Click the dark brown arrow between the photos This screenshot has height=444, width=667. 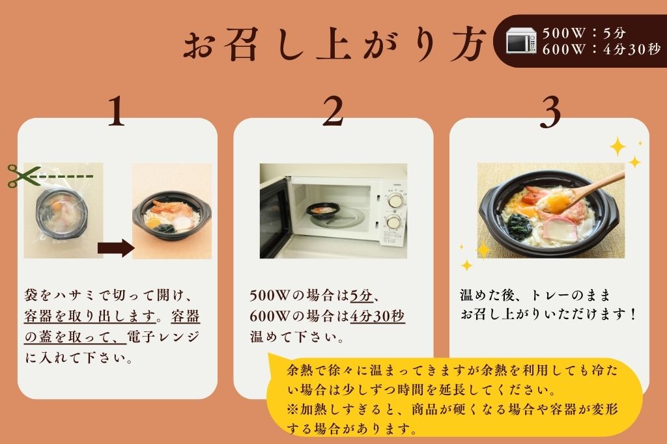pyautogui.click(x=115, y=248)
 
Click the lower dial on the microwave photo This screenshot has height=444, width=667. pyautogui.click(x=393, y=223)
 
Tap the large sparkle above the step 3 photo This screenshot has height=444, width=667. pyautogui.click(x=617, y=146)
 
